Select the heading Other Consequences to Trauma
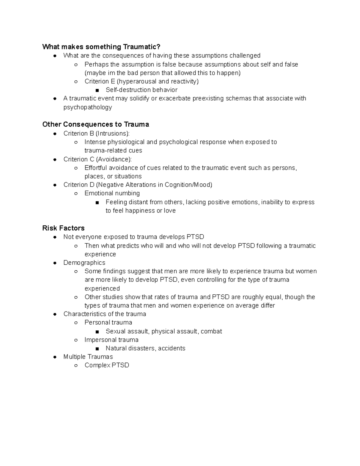point(96,125)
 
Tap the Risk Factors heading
point(63,228)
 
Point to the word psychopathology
point(88,107)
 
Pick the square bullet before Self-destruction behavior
point(97,90)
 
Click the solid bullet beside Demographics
point(55,263)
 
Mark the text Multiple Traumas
point(88,357)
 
